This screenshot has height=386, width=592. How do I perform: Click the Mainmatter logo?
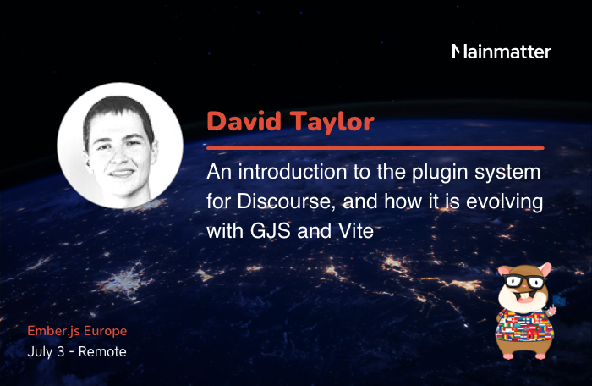(502, 52)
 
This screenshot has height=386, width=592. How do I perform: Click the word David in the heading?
(244, 121)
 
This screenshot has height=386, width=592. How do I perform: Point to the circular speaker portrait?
(120, 146)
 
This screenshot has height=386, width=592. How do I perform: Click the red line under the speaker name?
(375, 148)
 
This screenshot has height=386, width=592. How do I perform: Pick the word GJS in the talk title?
(271, 230)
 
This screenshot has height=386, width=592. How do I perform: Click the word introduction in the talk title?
(293, 172)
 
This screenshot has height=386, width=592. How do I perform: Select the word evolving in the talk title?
(504, 202)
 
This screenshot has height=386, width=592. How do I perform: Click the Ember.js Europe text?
(77, 331)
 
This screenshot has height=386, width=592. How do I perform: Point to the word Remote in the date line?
(102, 351)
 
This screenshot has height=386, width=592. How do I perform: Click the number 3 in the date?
(60, 351)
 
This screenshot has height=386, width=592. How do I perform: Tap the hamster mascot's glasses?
(525, 282)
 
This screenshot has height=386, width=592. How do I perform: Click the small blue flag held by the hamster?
(559, 301)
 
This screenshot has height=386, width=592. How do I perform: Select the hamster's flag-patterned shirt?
(524, 325)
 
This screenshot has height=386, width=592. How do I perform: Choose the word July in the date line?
(40, 352)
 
